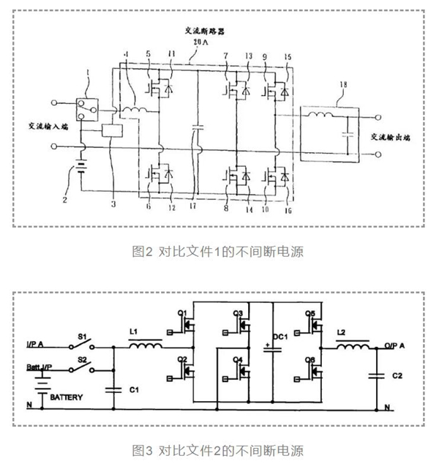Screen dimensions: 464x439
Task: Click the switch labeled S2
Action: pos(82,367)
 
